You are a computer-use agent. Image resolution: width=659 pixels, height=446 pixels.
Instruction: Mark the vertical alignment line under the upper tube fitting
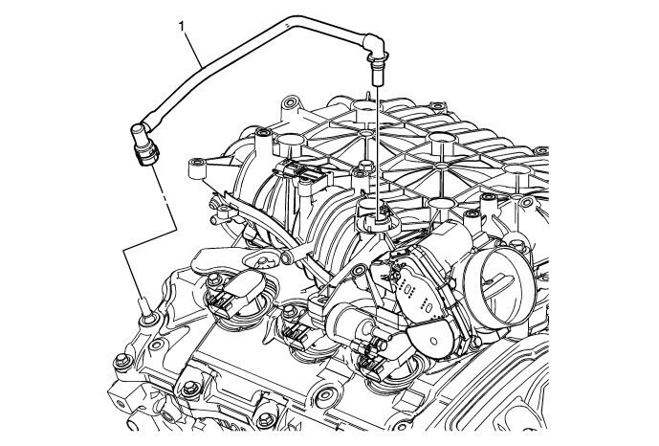[376, 134]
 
